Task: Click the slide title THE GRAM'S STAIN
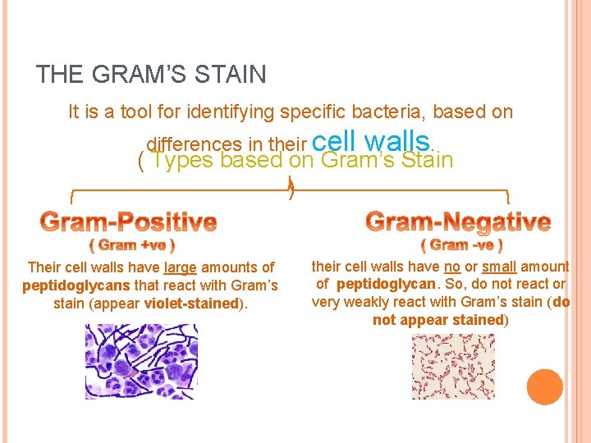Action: tap(151, 75)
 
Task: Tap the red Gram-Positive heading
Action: tap(129, 221)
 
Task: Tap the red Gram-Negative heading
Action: tap(457, 221)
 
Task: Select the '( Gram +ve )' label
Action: tap(131, 244)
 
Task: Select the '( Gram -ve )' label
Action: tap(461, 244)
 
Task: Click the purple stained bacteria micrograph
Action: tap(130, 362)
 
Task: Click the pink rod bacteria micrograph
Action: tap(453, 366)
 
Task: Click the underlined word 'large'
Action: tap(180, 267)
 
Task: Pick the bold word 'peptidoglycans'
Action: tap(65, 285)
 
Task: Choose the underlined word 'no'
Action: tap(451, 267)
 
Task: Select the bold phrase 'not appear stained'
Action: tap(438, 320)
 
